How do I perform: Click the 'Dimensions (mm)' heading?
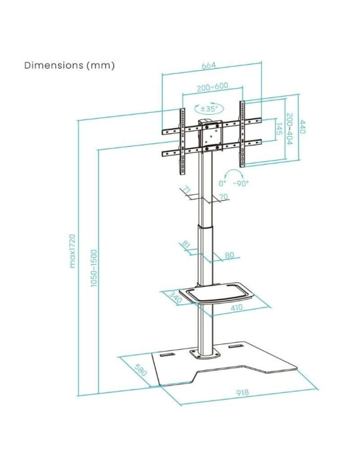(69, 65)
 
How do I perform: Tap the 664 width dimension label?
(208, 65)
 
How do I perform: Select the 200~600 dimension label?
(213, 87)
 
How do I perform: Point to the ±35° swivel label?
(209, 108)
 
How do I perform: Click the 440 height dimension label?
(302, 127)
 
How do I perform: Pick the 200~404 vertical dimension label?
(289, 129)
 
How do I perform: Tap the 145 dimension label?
(279, 129)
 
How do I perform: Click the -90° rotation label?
(241, 183)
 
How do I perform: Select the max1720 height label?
(72, 251)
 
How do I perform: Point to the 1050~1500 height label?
(94, 268)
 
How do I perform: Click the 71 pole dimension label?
(187, 189)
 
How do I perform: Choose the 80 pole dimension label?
(229, 256)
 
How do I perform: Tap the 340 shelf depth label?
(175, 298)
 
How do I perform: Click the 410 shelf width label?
(237, 307)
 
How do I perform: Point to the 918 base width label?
(243, 392)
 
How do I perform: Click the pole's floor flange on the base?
(205, 354)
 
